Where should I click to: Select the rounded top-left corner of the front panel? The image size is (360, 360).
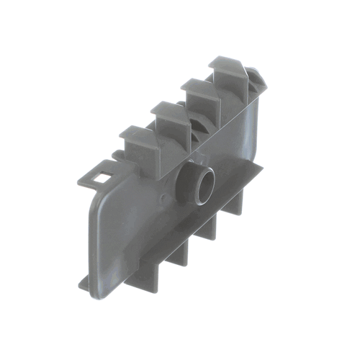pyautogui.click(x=97, y=198)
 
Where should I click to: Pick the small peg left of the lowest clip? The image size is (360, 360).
pyautogui.click(x=117, y=154)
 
